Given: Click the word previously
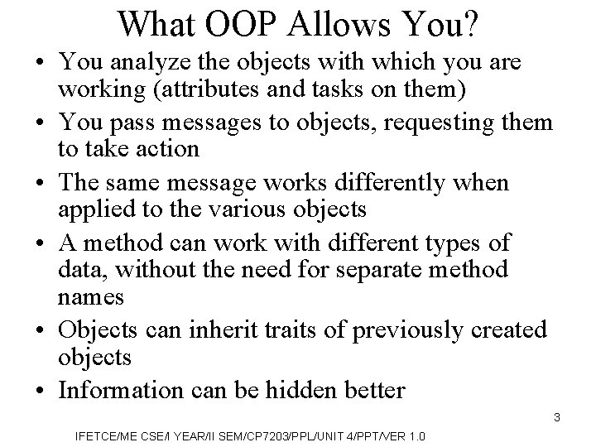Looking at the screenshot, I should pyautogui.click(x=406, y=329).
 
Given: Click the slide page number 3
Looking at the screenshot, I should pyautogui.click(x=557, y=417).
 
